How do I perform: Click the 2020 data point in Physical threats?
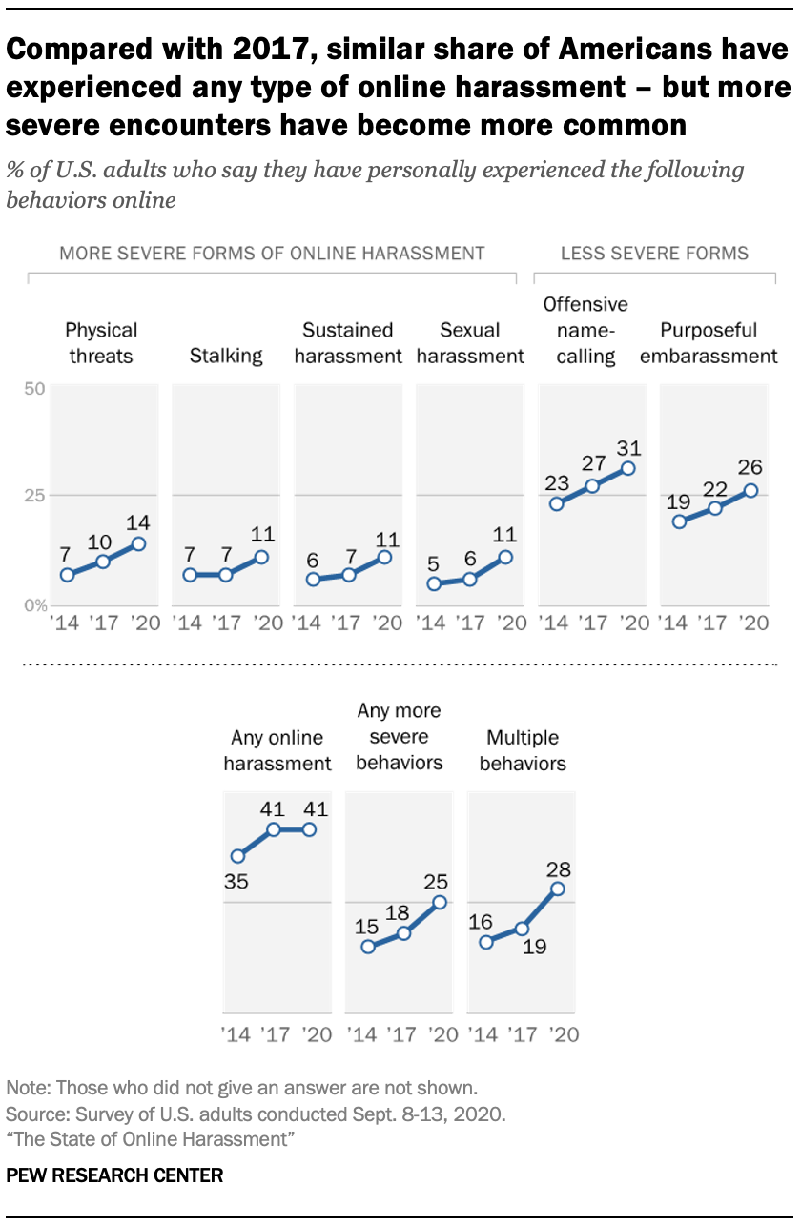pos(138,543)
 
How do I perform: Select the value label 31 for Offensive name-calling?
pos(627,448)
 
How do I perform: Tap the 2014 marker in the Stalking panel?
pos(191,575)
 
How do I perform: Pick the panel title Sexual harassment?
pos(470,343)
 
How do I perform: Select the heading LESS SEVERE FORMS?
pos(654,253)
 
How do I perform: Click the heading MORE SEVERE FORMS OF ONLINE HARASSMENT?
pos(272,253)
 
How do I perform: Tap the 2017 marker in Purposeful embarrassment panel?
pos(715,508)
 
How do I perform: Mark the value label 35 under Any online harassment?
pos(236,882)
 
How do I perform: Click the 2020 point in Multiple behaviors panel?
pos(558,889)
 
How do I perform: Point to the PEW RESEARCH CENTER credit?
pos(114,1175)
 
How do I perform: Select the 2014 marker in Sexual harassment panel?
pos(435,583)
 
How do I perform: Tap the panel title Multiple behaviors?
pos(523,750)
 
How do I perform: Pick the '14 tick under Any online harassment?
pos(236,1033)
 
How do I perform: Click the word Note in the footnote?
pos(24,1087)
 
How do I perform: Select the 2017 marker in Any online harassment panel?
pos(273,829)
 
